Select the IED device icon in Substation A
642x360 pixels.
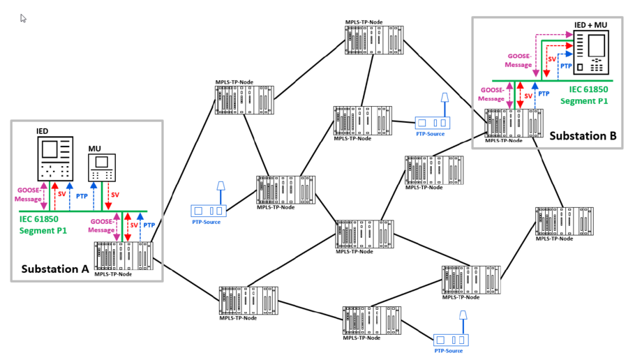click(54, 158)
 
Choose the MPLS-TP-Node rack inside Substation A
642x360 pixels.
click(123, 255)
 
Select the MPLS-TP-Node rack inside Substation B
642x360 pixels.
click(514, 123)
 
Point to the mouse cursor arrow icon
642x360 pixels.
click(23, 18)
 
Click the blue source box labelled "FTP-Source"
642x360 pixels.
click(433, 123)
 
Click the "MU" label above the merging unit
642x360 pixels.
click(95, 149)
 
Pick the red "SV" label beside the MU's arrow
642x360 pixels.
click(114, 195)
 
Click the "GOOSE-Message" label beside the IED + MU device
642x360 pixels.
click(518, 59)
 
